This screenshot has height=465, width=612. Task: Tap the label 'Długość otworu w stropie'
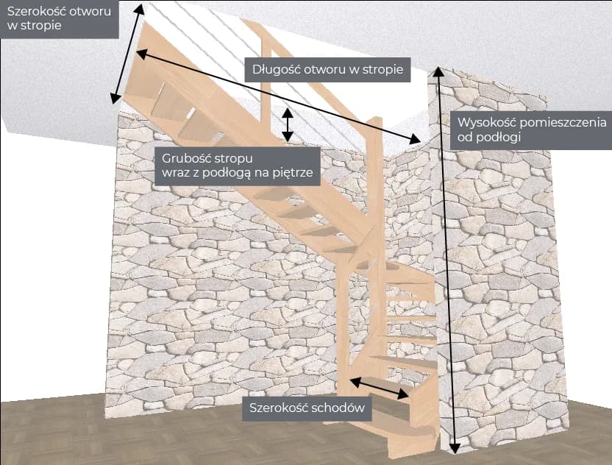(327, 71)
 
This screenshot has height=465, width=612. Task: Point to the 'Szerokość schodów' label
(307, 408)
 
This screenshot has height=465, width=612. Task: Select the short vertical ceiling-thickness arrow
(288, 125)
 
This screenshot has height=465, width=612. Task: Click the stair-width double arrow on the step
(380, 388)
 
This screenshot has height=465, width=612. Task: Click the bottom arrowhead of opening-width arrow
(115, 99)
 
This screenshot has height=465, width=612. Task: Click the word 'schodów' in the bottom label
(341, 409)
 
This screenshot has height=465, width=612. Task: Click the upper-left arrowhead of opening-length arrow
(140, 53)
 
